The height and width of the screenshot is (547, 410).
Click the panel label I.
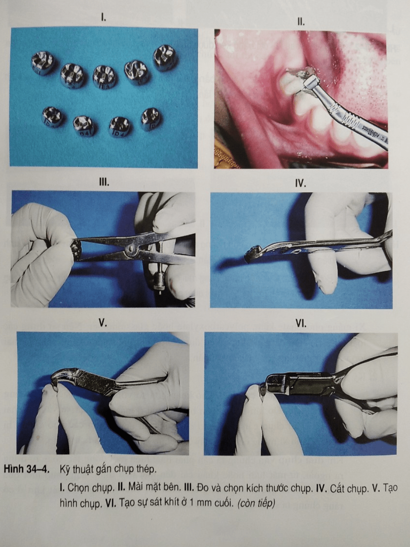(x=103, y=18)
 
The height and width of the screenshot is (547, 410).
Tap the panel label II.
(x=301, y=22)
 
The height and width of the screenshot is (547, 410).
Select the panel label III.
(x=103, y=182)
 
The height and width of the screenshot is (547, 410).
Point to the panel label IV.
(x=301, y=184)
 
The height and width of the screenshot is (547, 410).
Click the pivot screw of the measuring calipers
(x=131, y=250)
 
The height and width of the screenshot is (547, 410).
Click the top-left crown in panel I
(x=43, y=64)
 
